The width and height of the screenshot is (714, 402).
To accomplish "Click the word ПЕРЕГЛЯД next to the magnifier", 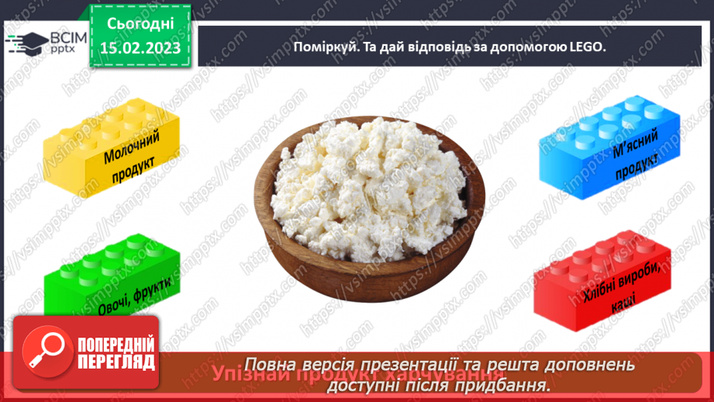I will pyautogui.click(x=116, y=362).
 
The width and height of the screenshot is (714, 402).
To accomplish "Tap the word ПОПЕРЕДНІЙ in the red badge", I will pyautogui.click(x=116, y=345).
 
